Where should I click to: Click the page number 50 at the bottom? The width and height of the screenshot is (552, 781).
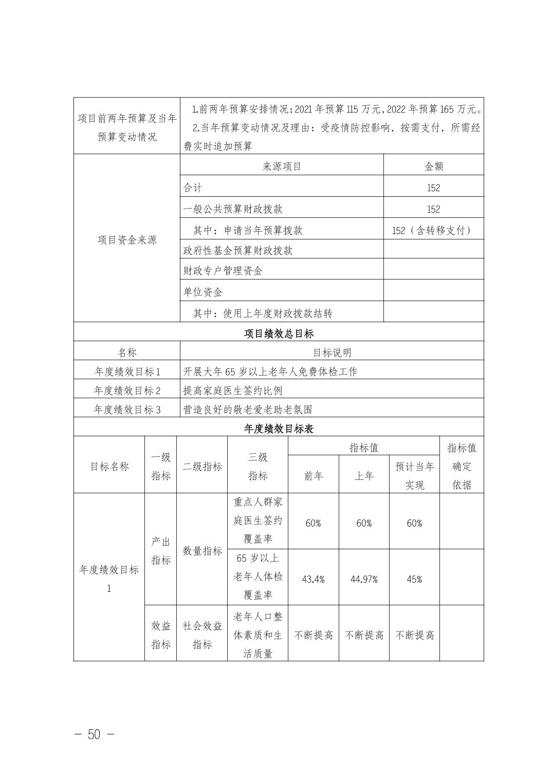(94, 734)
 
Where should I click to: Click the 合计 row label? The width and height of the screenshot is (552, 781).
(193, 188)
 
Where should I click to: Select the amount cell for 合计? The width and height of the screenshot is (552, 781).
(433, 188)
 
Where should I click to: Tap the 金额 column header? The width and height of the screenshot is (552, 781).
(433, 166)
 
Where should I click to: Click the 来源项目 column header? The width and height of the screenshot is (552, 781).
(282, 166)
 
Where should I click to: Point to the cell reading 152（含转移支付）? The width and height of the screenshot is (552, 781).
(433, 230)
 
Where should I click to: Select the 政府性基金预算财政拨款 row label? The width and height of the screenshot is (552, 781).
(238, 250)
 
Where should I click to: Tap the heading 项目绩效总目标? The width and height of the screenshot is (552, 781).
(279, 333)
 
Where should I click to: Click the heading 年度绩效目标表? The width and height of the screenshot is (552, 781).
(279, 429)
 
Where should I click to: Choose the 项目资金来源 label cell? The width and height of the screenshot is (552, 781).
(127, 240)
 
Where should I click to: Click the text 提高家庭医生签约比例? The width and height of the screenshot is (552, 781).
(233, 390)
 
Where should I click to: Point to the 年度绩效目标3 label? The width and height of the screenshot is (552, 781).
(127, 410)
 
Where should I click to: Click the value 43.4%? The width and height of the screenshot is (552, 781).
(313, 579)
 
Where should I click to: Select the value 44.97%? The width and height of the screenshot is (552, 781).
(364, 579)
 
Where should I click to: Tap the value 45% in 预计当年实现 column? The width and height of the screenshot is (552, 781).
(414, 579)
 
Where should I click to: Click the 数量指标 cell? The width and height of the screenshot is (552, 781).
(202, 551)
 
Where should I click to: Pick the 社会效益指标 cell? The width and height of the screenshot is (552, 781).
(202, 635)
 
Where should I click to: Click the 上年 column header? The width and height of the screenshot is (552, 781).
(364, 476)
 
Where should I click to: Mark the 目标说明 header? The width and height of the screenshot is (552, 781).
(332, 352)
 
